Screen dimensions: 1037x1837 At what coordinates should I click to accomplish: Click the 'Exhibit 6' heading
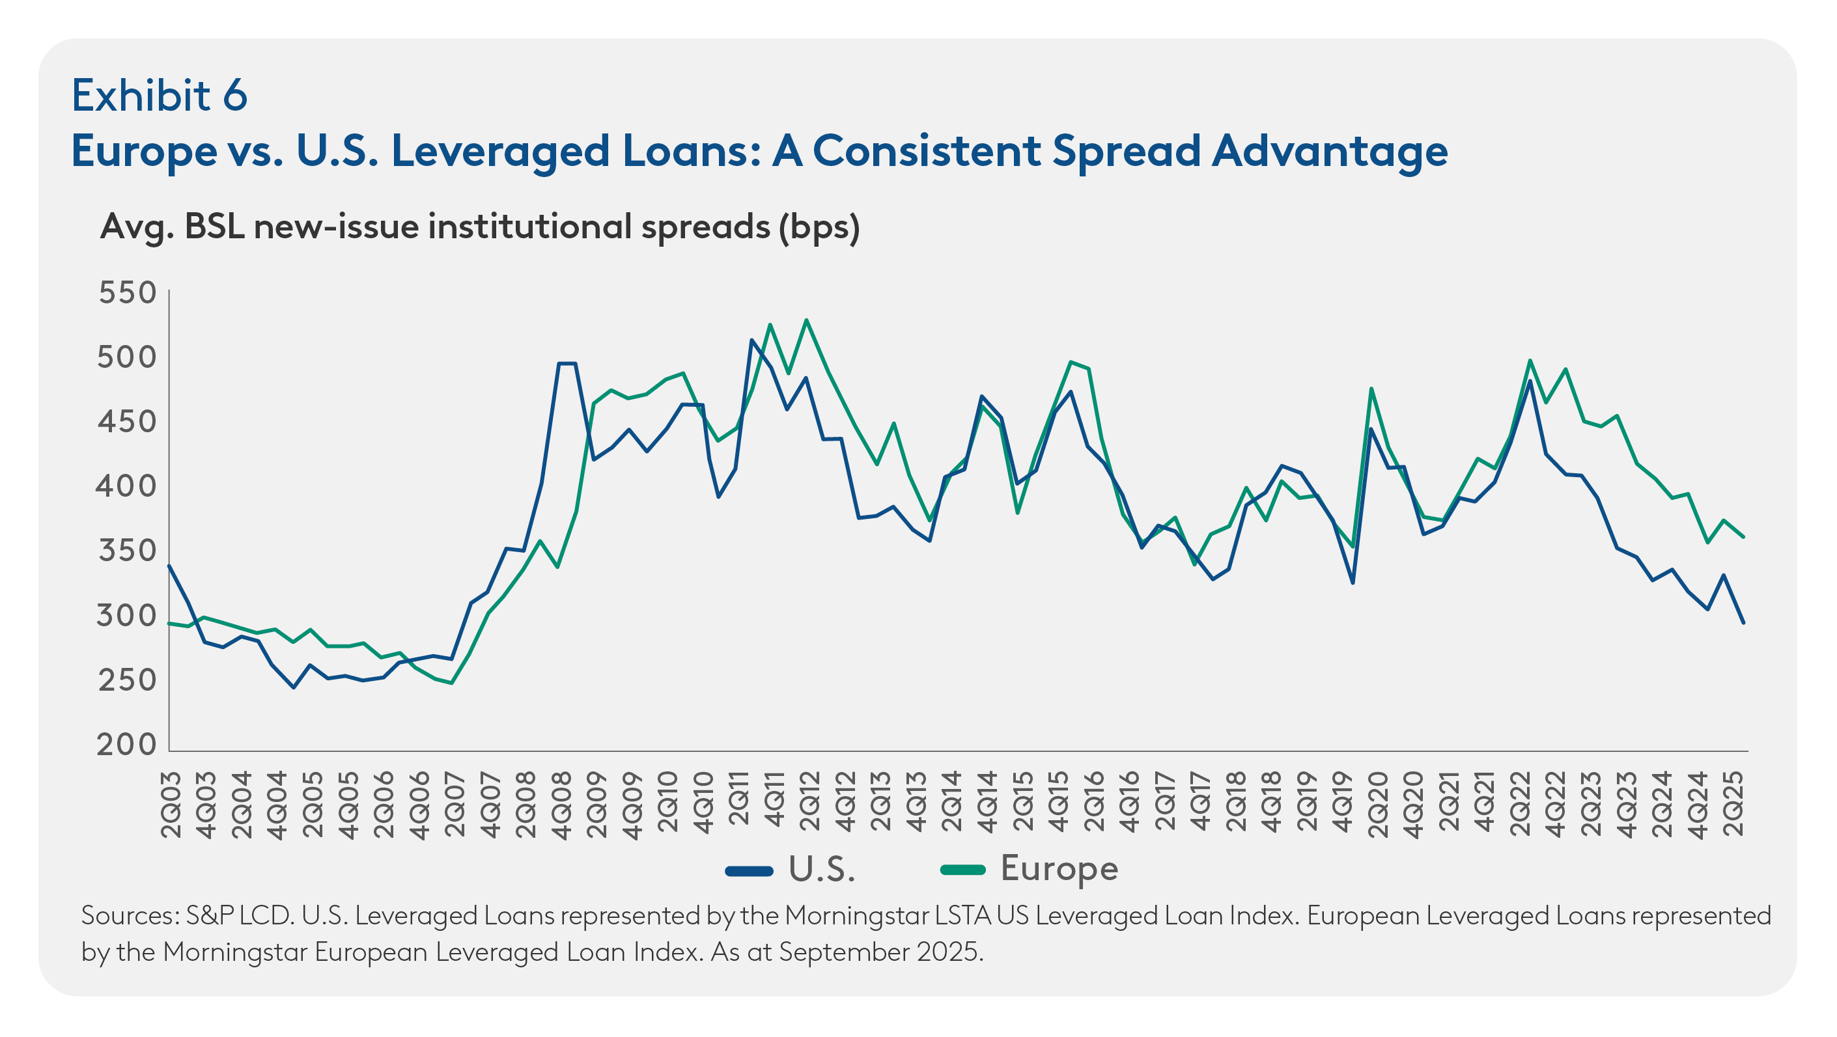(x=159, y=96)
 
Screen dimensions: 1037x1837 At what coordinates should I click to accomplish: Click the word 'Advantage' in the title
(x=1330, y=151)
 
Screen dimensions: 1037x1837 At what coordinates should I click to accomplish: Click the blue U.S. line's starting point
(x=169, y=566)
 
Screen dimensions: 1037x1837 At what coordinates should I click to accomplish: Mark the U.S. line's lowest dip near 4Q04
(x=293, y=687)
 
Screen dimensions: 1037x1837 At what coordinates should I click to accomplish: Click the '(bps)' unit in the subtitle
(x=819, y=227)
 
